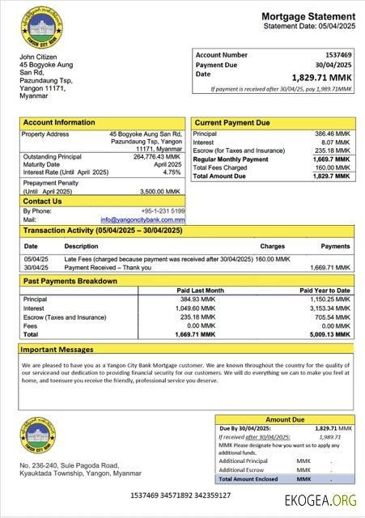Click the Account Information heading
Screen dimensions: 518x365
pos(58,122)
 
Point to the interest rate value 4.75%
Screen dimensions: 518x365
pos(172,172)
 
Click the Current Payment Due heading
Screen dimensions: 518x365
pos(231,122)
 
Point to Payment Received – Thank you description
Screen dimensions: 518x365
pos(108,266)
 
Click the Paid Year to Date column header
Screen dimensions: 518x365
pos(325,290)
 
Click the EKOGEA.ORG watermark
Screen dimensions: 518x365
pos(320,502)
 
